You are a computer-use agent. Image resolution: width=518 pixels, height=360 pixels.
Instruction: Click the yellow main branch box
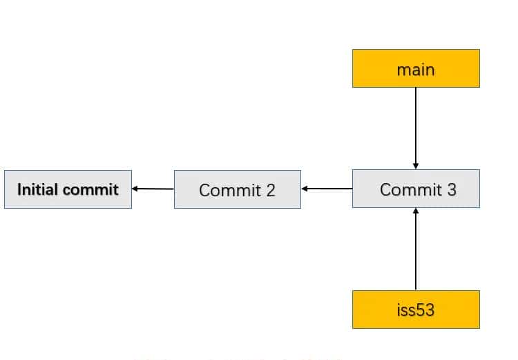pos(416,68)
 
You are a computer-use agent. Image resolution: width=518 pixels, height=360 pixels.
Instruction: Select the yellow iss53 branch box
pos(416,309)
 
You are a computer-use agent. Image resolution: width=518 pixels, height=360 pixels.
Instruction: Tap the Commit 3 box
pos(416,189)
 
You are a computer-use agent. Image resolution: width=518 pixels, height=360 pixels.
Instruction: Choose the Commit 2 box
pos(237,189)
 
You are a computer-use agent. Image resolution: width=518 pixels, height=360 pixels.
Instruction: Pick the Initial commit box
pos(68,189)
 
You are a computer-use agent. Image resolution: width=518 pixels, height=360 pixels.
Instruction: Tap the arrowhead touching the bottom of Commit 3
pos(416,211)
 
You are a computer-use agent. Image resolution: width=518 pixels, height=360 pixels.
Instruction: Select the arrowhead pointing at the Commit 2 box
pos(305,188)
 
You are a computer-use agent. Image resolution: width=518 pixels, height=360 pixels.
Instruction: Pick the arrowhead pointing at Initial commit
pos(136,188)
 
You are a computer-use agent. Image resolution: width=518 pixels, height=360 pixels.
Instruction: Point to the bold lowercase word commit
pos(91,189)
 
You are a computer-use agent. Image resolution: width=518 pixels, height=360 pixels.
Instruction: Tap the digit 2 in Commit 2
pos(270,189)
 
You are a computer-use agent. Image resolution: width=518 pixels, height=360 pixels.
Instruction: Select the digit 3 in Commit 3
pos(451,189)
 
